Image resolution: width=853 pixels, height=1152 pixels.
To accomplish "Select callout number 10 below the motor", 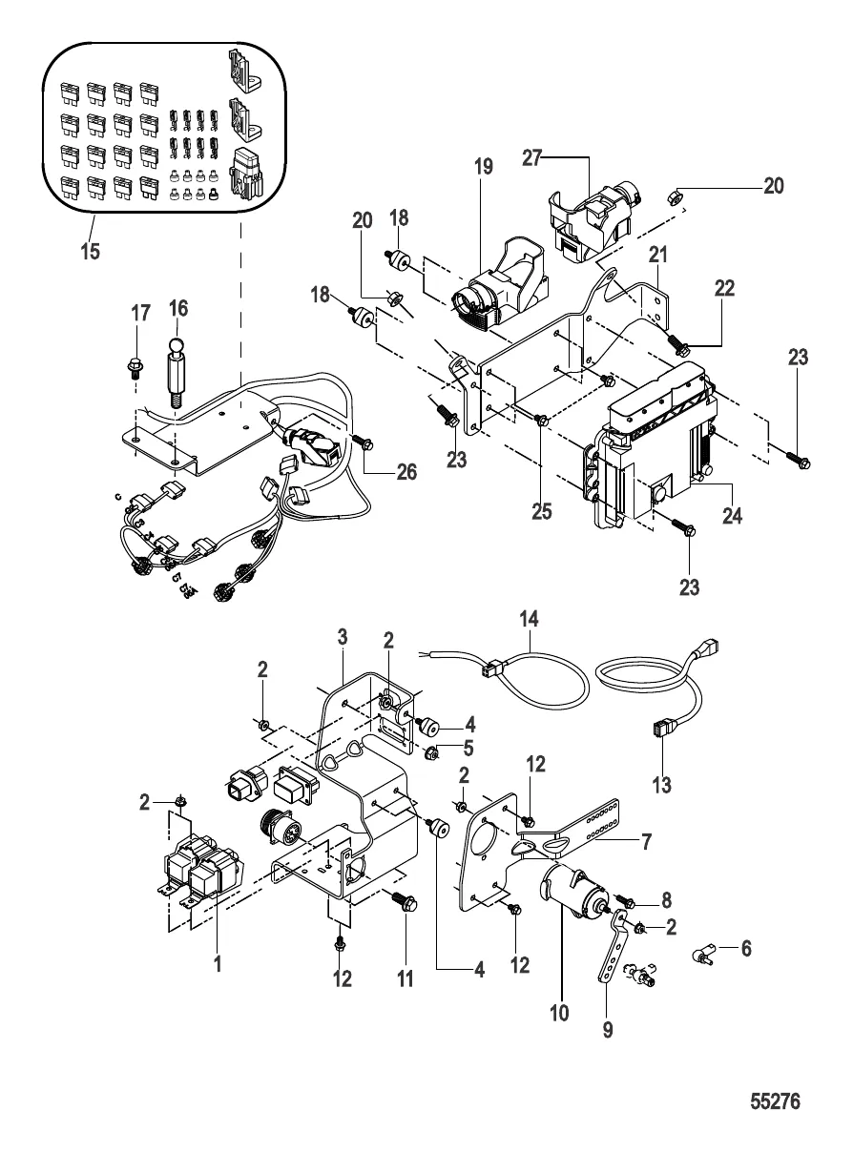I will (560, 1011).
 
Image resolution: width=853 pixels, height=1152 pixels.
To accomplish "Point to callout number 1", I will (218, 964).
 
